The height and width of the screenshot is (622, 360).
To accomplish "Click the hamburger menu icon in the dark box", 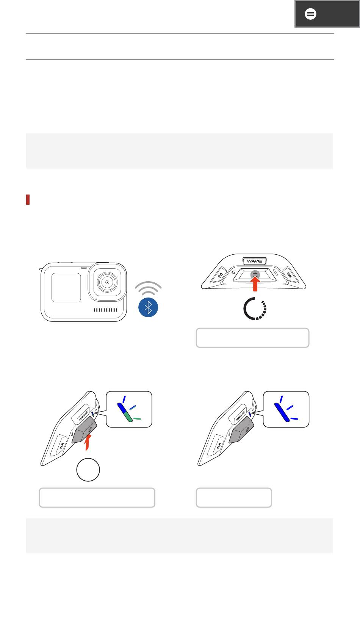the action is pyautogui.click(x=310, y=14).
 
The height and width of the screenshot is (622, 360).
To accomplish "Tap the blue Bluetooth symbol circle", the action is pyautogui.click(x=148, y=307).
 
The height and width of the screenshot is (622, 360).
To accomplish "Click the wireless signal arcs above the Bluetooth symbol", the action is pyautogui.click(x=148, y=288).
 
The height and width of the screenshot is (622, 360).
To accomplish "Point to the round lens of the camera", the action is pyautogui.click(x=107, y=282).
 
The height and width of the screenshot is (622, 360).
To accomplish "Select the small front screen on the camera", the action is pyautogui.click(x=66, y=287).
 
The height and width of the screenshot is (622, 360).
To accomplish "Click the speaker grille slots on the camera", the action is pyautogui.click(x=105, y=310).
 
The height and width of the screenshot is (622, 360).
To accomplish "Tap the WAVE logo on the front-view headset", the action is pyautogui.click(x=255, y=261).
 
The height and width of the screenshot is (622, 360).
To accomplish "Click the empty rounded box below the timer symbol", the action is pyautogui.click(x=253, y=338).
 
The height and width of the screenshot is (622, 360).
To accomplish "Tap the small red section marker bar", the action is pyautogui.click(x=28, y=200).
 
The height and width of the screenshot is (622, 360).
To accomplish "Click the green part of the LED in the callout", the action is pyautogui.click(x=128, y=417).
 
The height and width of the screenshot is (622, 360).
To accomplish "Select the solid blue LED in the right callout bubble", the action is pyautogui.click(x=282, y=412).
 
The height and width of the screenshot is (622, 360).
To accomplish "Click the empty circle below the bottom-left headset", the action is pyautogui.click(x=88, y=470).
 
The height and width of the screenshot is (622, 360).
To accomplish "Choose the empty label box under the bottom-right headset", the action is pyautogui.click(x=234, y=498).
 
